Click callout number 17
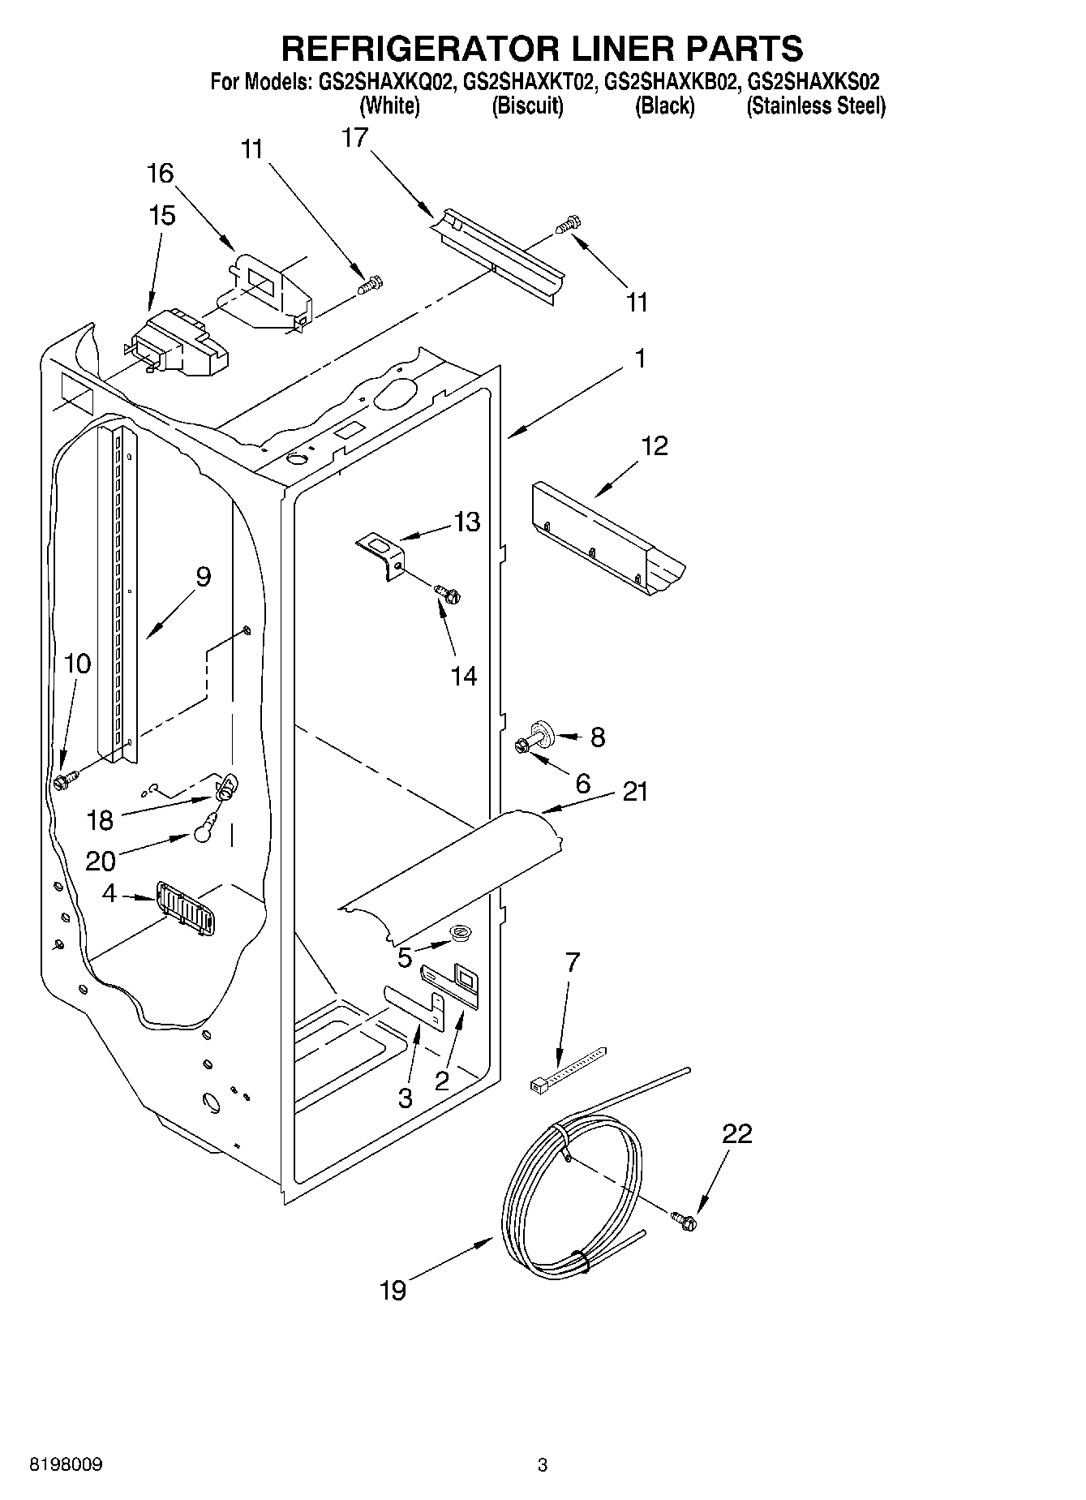pos(354,138)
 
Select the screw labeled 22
pos(684,1219)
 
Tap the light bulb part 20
pos(204,832)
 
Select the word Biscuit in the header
pos(527,105)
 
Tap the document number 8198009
pos(66,1464)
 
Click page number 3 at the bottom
pos(542,1464)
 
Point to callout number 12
pos(655,445)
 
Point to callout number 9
pos(203,577)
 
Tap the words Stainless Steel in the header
pos(816,105)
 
